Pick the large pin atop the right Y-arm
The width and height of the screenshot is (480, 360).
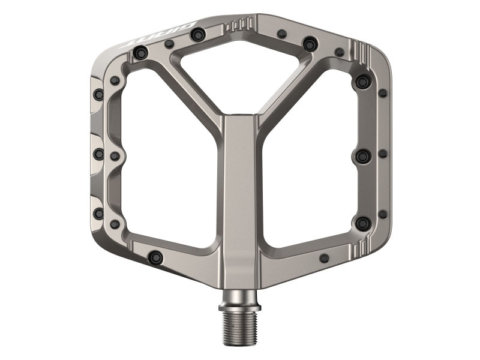pyautogui.click(x=310, y=44)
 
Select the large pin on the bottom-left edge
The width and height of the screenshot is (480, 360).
pyautogui.click(x=155, y=257)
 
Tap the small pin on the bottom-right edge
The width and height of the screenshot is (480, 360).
pyautogui.click(x=325, y=258)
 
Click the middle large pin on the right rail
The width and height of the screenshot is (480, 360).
pyautogui.click(x=362, y=156)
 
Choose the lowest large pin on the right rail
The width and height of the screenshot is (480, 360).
pyautogui.click(x=362, y=223)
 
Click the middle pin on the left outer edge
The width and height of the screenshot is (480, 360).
pyautogui.click(x=98, y=154)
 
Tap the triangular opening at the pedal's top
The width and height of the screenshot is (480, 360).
pyautogui.click(x=240, y=69)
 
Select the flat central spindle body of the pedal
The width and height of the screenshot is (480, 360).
pyautogui.click(x=239, y=192)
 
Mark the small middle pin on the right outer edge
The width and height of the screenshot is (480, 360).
pyautogui.click(x=383, y=154)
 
